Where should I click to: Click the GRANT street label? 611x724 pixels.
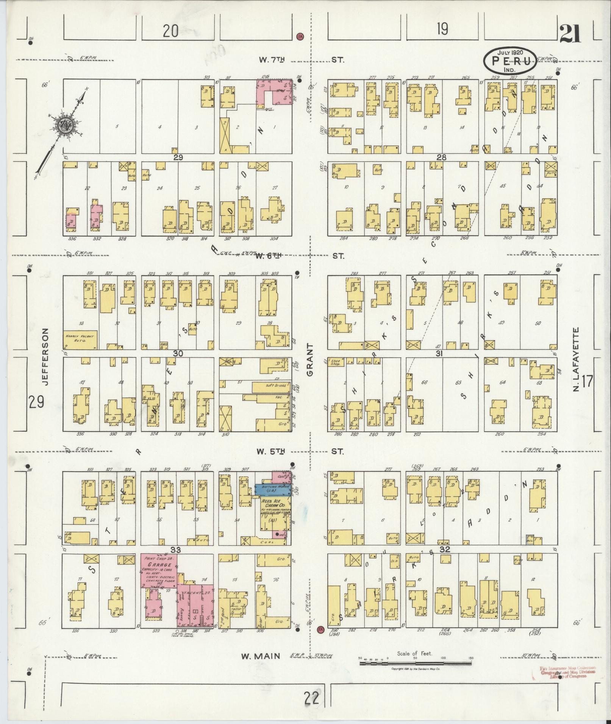pos(309,360)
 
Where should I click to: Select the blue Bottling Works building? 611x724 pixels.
pos(272,489)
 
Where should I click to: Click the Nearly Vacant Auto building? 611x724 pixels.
pos(80,339)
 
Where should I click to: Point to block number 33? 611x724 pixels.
pos(177,550)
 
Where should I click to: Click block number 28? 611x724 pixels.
pos(441,157)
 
